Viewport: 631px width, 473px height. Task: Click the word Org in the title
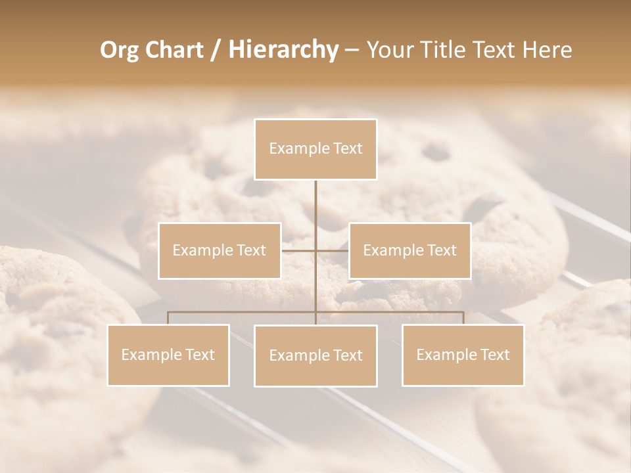point(120,51)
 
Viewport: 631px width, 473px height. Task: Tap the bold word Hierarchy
point(283,51)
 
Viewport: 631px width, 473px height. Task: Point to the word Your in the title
point(390,51)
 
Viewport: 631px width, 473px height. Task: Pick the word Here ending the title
point(547,51)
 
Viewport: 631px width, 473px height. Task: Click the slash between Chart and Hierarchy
point(216,51)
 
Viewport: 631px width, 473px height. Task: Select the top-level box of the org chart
point(315,149)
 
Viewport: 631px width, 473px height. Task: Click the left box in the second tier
point(220,251)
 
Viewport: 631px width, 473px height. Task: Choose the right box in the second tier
point(409,251)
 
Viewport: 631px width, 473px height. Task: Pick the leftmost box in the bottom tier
point(168,355)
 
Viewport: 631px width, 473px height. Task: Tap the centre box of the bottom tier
point(315,356)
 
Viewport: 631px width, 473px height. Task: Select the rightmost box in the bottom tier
point(463,355)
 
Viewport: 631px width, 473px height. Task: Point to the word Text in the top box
point(348,149)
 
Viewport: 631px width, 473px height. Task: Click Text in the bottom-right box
point(495,355)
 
